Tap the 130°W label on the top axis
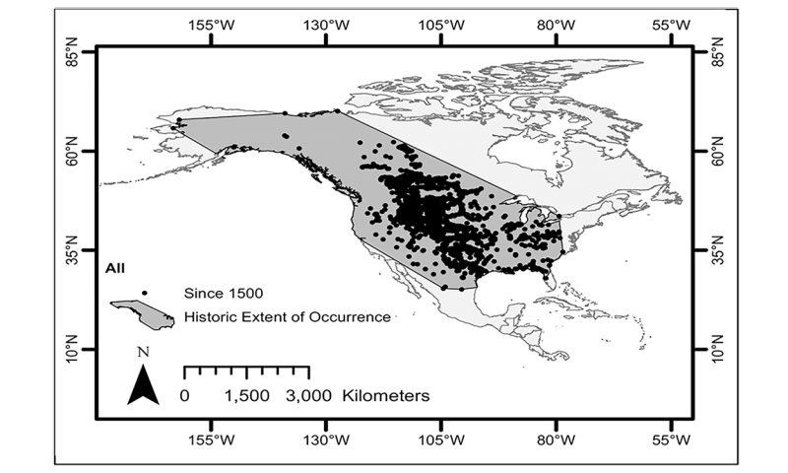(328, 25)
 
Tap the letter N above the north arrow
(144, 352)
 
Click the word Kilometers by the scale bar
(385, 396)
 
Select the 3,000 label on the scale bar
(309, 396)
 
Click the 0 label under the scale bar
(185, 396)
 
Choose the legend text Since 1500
(224, 293)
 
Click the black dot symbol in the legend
(144, 293)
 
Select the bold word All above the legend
(116, 266)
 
